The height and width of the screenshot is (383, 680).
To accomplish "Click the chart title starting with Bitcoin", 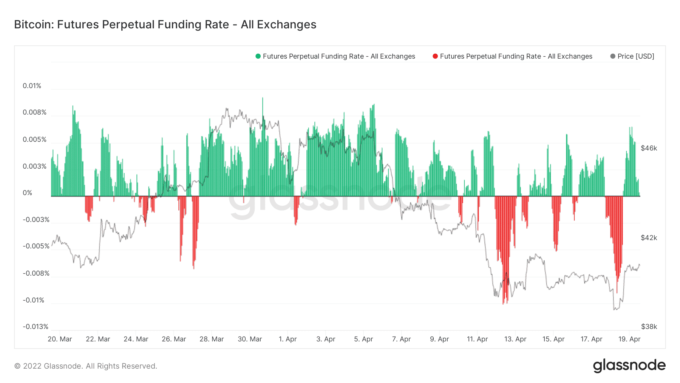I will coord(165,25).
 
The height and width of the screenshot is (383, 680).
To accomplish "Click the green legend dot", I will coord(258,56).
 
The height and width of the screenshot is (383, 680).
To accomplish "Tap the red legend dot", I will coord(435,56).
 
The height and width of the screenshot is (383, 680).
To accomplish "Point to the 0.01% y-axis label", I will coord(32,86).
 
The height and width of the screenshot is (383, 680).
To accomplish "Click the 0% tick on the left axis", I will coord(27,193).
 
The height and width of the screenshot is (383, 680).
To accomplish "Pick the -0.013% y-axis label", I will coord(36,327).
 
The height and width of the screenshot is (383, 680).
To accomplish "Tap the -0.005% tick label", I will coord(36,246).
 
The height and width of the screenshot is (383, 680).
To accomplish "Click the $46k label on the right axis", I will coord(649,148).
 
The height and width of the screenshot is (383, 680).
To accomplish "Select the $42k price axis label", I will coord(649,238).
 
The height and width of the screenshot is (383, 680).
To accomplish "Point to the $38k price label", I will coord(649,327).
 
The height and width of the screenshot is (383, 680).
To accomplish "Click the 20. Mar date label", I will coord(60,339).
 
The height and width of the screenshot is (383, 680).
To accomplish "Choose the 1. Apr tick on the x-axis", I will coord(287,339).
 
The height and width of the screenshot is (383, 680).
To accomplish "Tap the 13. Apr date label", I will coord(515,339).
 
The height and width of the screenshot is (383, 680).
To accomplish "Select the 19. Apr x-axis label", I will coord(629,339).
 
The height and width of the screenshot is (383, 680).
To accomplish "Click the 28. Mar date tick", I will coord(212,339).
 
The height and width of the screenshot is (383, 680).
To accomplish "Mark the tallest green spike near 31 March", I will coord(263,99).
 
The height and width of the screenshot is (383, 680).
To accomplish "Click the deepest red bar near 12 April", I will coord(503,302).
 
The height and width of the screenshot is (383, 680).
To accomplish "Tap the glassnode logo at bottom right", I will coord(629,366).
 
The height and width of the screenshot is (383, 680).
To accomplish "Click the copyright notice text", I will coord(86,366).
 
